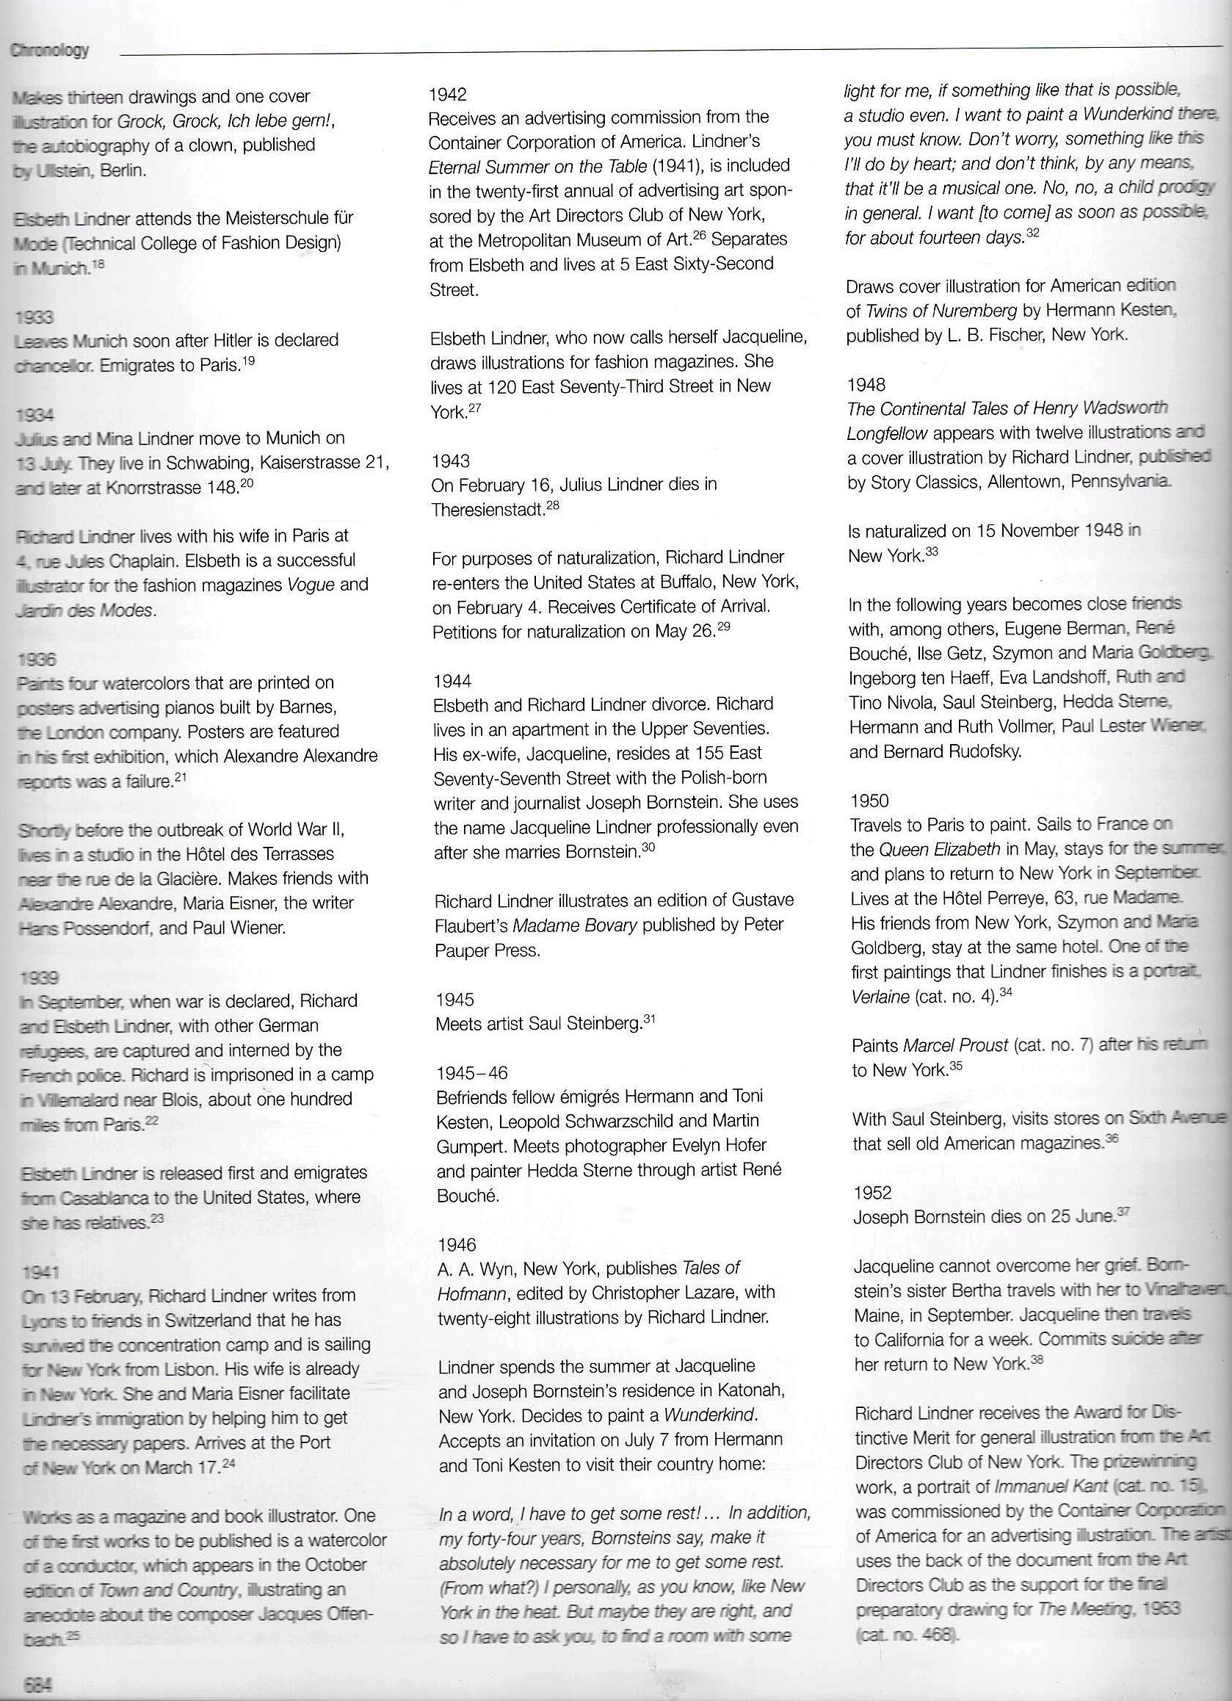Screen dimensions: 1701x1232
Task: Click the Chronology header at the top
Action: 51,51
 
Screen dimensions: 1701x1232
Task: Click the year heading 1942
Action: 449,95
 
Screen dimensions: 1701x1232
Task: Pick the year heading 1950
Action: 870,801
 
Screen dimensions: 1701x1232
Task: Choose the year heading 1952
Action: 873,1193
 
